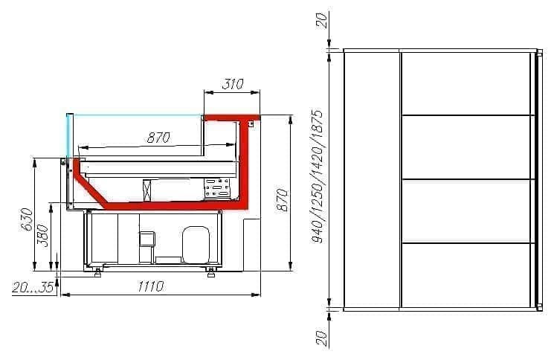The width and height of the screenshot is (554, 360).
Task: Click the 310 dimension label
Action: tap(233, 84)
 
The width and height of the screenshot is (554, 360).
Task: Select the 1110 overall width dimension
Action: tap(150, 286)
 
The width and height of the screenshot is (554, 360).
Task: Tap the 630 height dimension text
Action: tap(28, 219)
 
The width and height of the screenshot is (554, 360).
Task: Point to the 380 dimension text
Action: tap(42, 235)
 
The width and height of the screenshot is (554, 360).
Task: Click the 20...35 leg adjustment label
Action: tap(33, 287)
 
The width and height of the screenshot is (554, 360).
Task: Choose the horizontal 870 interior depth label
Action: tap(158, 138)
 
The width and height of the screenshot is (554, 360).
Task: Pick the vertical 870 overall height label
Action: tap(282, 200)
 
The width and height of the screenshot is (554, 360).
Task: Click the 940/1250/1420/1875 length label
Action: tap(317, 176)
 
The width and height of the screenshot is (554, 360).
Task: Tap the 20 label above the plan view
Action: tap(321, 21)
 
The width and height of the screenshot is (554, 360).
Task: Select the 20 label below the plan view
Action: tap(321, 338)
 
